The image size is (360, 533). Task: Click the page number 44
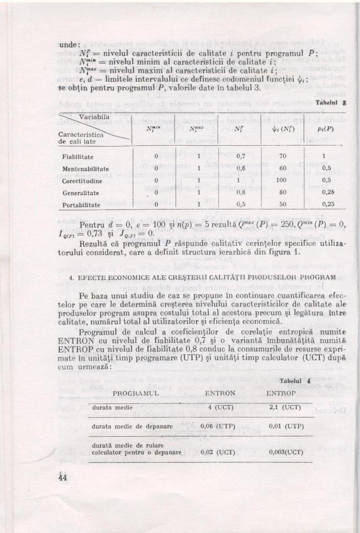[x=64, y=477]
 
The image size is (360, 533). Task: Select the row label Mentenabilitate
[x=85, y=169]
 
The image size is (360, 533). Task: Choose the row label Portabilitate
[x=81, y=205]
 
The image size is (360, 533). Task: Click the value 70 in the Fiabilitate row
[x=283, y=156]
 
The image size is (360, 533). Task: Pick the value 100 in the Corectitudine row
[x=282, y=181]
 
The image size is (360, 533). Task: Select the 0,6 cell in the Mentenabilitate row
[x=241, y=169]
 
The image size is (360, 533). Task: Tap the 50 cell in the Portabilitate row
[x=282, y=205]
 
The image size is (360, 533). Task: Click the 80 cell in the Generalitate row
[x=282, y=193]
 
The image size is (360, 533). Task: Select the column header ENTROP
[x=281, y=394]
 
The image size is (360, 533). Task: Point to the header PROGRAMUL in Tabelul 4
[x=135, y=394]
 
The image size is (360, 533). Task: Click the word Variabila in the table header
[x=95, y=117]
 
